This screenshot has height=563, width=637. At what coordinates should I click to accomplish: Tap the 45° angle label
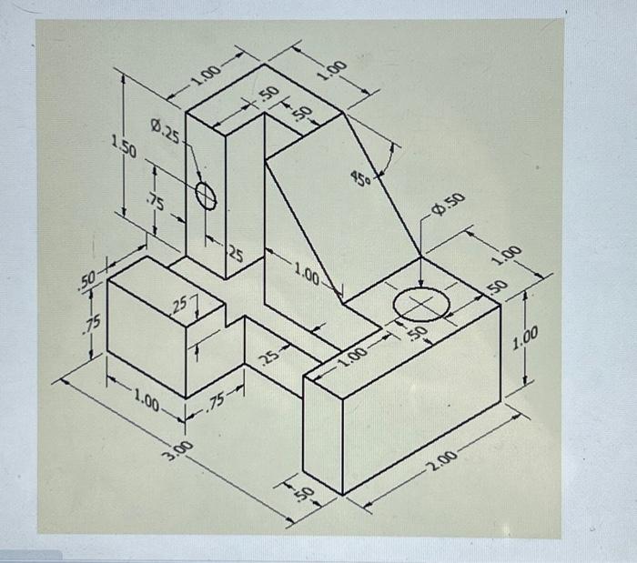tap(361, 178)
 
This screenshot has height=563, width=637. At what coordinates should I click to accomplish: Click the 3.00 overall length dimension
tap(180, 446)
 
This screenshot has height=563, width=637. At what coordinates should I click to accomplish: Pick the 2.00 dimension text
tap(445, 465)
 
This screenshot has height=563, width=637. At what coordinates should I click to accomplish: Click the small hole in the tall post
tap(207, 195)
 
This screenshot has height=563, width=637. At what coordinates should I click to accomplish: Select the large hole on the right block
tap(421, 305)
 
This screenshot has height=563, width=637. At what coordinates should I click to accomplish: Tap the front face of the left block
tap(146, 341)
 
